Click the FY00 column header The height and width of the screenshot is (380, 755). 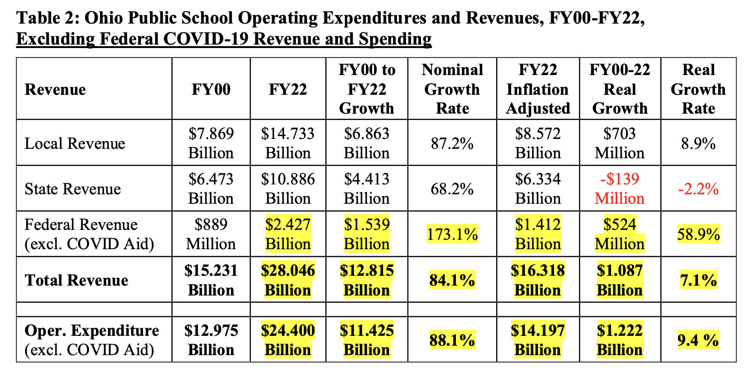(x=211, y=89)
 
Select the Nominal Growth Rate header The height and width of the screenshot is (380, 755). (x=452, y=89)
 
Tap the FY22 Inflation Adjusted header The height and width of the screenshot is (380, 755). (x=538, y=89)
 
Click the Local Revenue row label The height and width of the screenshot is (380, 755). (x=75, y=143)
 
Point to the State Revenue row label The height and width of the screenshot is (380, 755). (x=72, y=189)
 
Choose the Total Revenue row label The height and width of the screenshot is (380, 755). (x=76, y=280)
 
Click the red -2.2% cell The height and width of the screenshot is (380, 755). (x=698, y=189)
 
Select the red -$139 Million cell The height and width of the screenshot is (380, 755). (x=620, y=189)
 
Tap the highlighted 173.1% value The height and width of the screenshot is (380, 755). (x=452, y=235)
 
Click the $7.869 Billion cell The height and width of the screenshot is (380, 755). (x=211, y=143)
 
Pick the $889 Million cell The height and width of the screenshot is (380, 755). (x=211, y=234)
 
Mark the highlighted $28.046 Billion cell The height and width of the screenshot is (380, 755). (x=288, y=280)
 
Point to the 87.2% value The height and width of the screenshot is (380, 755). (x=452, y=143)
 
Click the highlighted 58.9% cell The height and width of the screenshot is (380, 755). (x=698, y=235)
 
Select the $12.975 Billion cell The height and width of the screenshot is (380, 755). (x=211, y=340)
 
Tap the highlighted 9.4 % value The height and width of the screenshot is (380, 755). (x=698, y=340)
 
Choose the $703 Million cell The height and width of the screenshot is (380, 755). (x=620, y=143)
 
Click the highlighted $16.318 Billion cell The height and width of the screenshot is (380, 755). (x=538, y=280)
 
